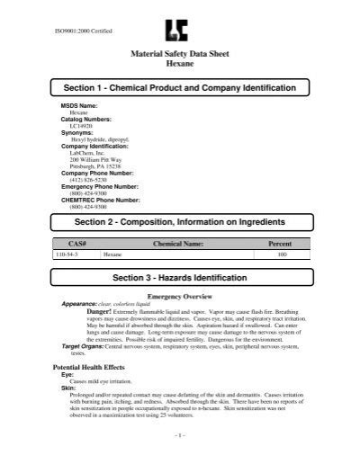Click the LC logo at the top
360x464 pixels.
tap(180, 31)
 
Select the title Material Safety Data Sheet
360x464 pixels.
tap(181, 55)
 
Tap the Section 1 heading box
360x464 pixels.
tap(180, 87)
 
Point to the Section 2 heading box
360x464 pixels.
tap(180, 222)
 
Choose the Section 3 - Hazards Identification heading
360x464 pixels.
tap(180, 278)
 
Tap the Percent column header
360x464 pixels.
tap(281, 244)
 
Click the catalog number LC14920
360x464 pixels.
tap(80, 127)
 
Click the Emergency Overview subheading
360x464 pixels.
tap(180, 295)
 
